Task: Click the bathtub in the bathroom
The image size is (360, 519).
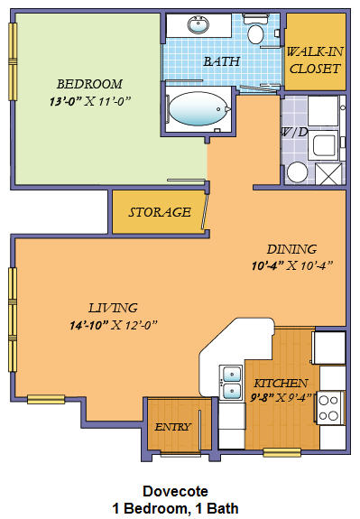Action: [198, 110]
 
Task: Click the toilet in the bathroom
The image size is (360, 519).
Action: [255, 34]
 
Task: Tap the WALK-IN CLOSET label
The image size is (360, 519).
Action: [314, 60]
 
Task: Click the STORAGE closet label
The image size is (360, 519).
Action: [159, 213]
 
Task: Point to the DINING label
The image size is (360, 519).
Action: [291, 249]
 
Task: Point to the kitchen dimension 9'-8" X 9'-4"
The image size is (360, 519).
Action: [282, 397]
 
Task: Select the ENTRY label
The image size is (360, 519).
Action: [171, 427]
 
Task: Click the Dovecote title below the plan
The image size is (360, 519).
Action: [176, 491]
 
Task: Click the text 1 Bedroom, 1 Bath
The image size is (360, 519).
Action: [176, 508]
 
